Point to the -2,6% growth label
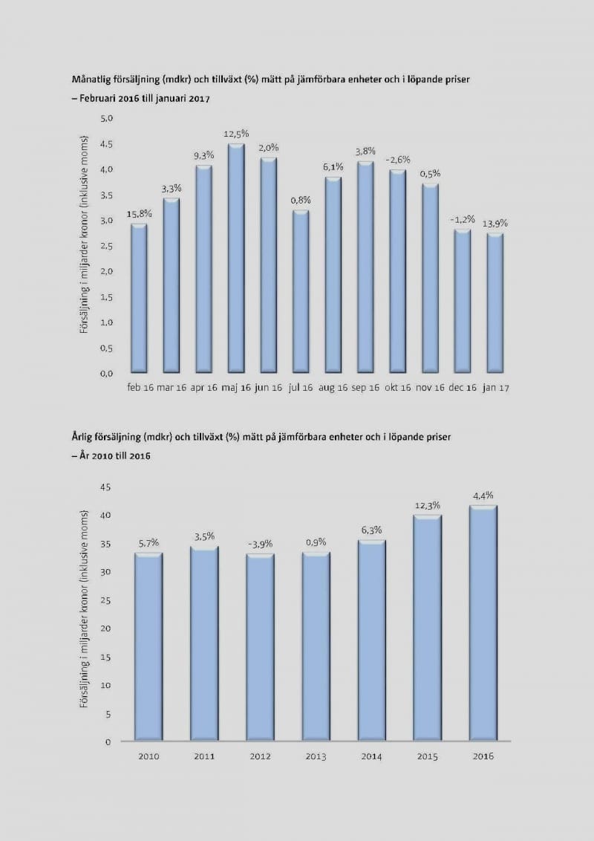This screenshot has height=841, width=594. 397,160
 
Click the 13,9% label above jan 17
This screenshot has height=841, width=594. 496,223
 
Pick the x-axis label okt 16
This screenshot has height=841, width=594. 397,388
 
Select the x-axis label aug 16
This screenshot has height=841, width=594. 333,388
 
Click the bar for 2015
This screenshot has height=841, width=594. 427,628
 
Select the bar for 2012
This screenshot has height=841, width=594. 260,647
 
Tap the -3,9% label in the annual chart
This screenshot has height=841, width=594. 260,545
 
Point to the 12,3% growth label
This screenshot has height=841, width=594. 427,505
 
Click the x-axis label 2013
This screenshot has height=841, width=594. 316,756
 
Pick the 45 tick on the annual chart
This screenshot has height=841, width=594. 105,487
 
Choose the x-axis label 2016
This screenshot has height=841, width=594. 483,756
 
